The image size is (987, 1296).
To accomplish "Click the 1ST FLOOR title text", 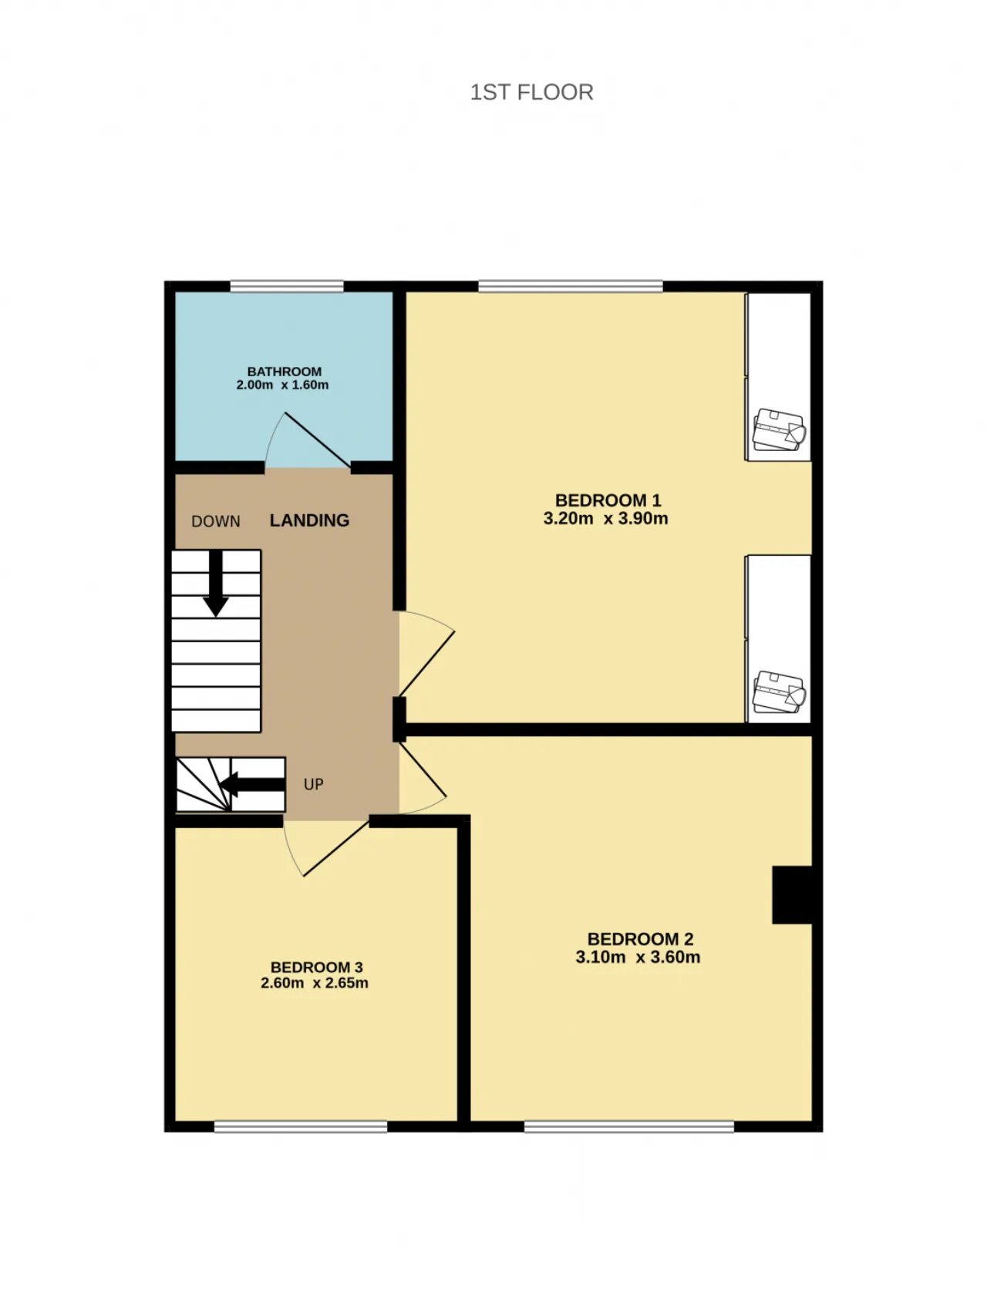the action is pyautogui.click(x=531, y=93).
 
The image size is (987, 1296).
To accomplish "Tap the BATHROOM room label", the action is pyautogui.click(x=285, y=372).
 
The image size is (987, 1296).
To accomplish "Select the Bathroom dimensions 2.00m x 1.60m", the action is pyautogui.click(x=282, y=385).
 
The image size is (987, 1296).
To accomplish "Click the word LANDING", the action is pyautogui.click(x=309, y=520).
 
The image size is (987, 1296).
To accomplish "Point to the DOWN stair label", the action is pyautogui.click(x=216, y=521).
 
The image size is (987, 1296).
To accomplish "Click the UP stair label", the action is pyautogui.click(x=313, y=784).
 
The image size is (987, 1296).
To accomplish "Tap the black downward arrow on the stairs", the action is pyautogui.click(x=216, y=584).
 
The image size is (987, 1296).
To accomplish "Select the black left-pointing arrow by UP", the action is pyautogui.click(x=252, y=785).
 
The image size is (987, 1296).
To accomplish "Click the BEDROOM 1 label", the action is pyautogui.click(x=608, y=500).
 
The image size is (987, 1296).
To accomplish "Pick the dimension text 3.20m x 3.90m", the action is pyautogui.click(x=606, y=519).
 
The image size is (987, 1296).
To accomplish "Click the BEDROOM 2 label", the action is pyautogui.click(x=641, y=939).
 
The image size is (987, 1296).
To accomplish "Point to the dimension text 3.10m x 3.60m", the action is pyautogui.click(x=638, y=958).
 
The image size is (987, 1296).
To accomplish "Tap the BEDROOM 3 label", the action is pyautogui.click(x=316, y=968).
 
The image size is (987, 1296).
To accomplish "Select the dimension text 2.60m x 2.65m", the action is pyautogui.click(x=315, y=983).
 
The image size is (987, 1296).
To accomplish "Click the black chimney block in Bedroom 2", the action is pyautogui.click(x=793, y=895).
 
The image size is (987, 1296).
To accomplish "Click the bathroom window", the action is pyautogui.click(x=287, y=287).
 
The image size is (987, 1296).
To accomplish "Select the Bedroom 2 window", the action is pyautogui.click(x=629, y=1126).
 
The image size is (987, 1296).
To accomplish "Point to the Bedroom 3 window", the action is pyautogui.click(x=301, y=1126).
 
